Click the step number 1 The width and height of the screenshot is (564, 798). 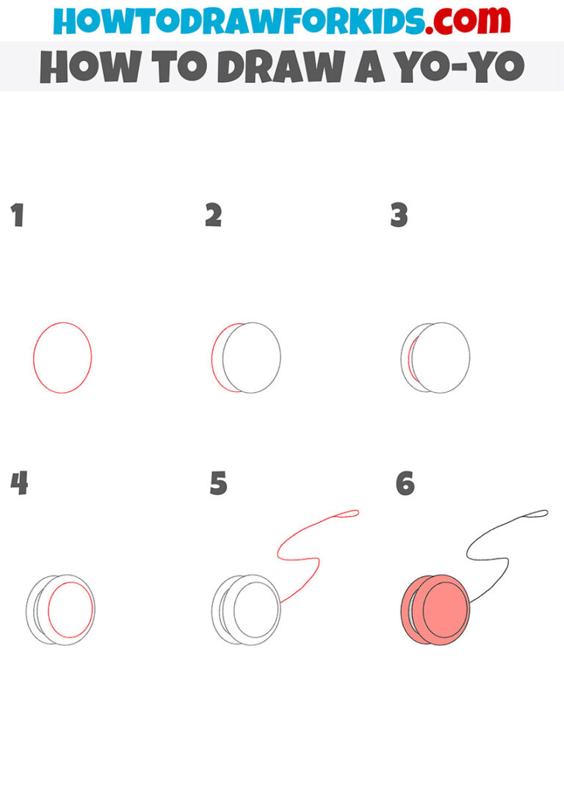(17, 216)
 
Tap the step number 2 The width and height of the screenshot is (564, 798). (213, 216)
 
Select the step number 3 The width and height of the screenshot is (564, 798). (399, 216)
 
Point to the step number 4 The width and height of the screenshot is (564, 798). (19, 484)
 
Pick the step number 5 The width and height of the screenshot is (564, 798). (218, 484)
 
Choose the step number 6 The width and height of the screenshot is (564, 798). (405, 484)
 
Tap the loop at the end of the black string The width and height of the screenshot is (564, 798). (538, 512)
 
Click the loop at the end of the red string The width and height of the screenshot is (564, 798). (349, 513)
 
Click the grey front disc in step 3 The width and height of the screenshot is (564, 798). (441, 358)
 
